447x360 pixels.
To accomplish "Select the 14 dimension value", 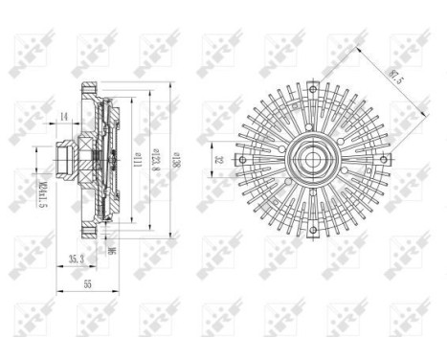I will coord(63,117).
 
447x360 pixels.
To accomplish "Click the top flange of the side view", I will coord(91,92).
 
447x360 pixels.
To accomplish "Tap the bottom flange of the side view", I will coord(91,230).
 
